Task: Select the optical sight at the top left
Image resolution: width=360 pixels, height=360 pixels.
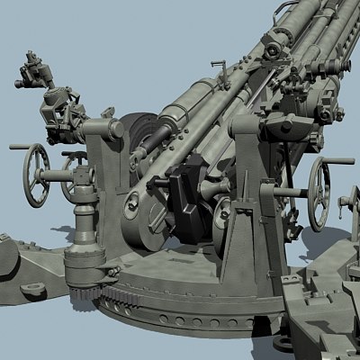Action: tap(41, 76)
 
